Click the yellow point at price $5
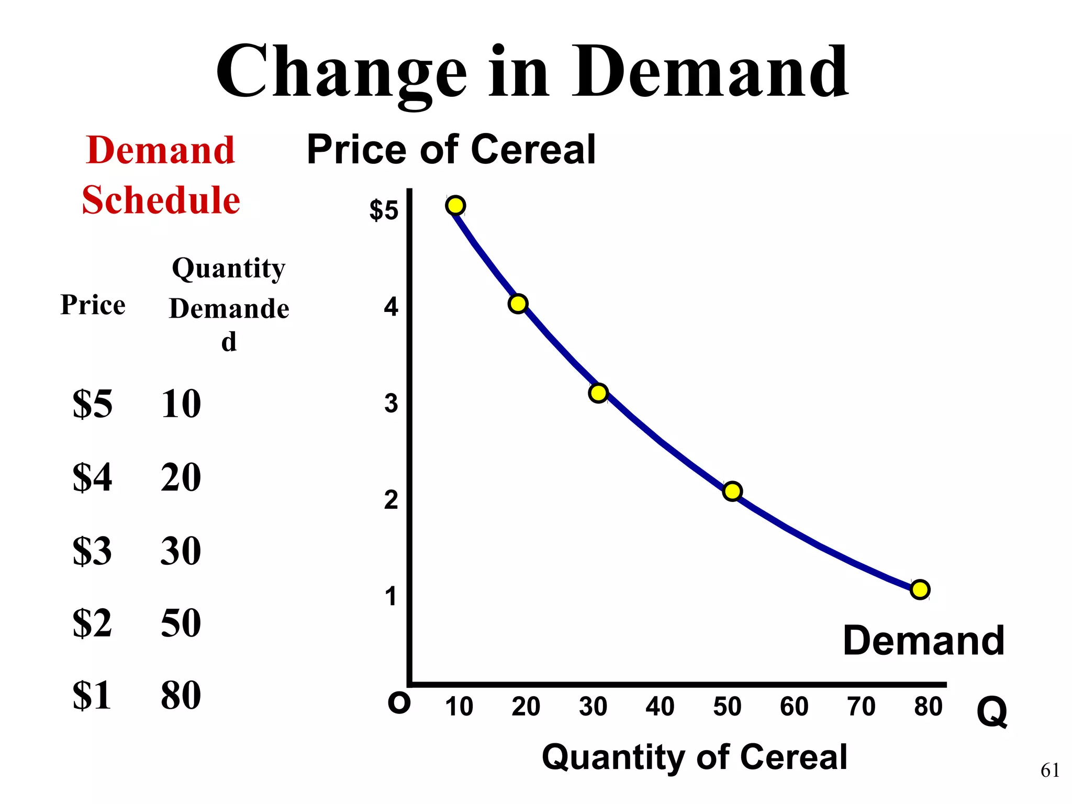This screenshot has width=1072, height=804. [x=456, y=206]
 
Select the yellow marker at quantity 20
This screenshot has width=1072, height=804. [x=518, y=304]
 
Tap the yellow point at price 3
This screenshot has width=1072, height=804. [x=598, y=393]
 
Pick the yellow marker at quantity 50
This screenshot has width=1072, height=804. [x=732, y=491]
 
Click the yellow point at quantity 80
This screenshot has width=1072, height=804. [x=920, y=589]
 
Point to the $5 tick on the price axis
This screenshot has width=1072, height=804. [x=384, y=210]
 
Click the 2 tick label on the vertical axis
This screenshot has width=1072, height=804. [x=391, y=500]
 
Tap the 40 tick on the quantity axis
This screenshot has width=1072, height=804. [x=660, y=707]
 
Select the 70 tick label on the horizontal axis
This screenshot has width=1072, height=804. [x=861, y=707]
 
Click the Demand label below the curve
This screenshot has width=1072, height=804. [x=923, y=641]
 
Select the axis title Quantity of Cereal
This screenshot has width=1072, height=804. [x=694, y=757]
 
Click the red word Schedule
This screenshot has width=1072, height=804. [x=161, y=200]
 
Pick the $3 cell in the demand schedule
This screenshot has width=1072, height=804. [x=92, y=551]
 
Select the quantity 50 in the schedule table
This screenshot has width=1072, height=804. [x=181, y=623]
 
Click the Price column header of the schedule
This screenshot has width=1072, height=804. [x=93, y=305]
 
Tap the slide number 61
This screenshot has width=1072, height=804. [x=1049, y=770]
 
